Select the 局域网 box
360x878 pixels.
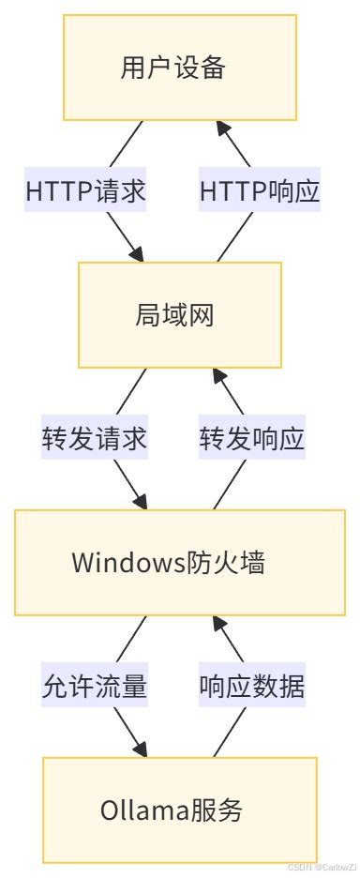180,314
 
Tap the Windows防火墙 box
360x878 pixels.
180,563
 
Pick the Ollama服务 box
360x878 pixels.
180,810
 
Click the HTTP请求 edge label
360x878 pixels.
85,191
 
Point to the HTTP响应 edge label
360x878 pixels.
260,191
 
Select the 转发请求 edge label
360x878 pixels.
94,439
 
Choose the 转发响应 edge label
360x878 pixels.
252,439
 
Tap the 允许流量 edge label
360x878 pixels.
94,687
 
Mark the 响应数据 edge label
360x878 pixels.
252,687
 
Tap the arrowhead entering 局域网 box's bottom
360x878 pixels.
217,374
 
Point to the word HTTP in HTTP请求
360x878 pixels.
56,191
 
